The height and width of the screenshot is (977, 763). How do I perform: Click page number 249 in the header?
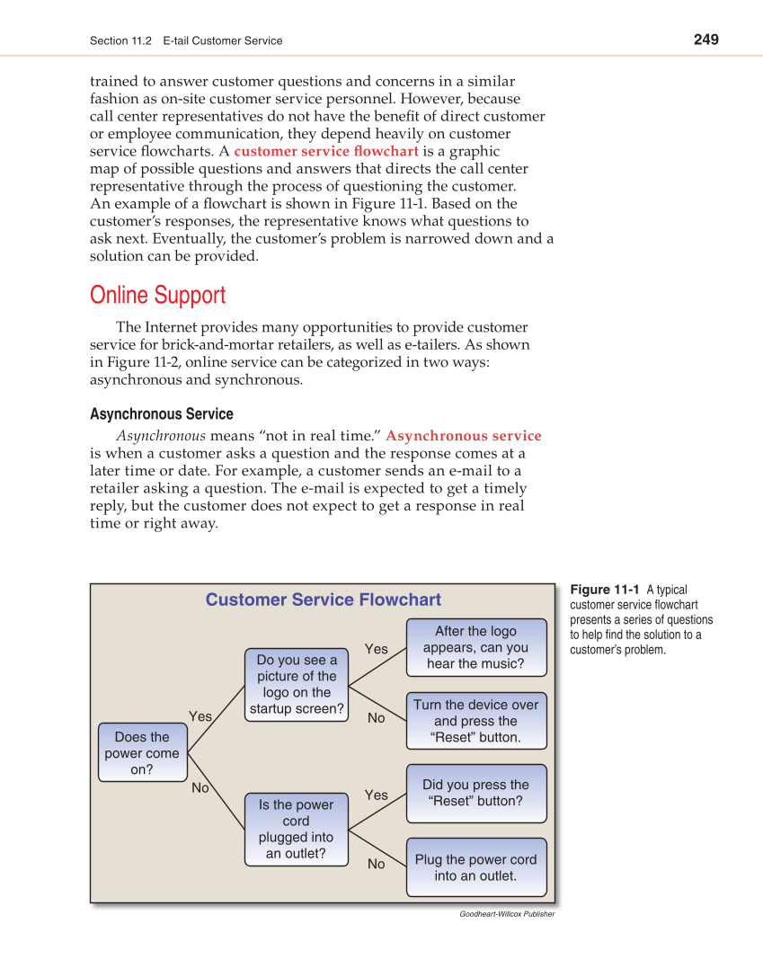(705, 40)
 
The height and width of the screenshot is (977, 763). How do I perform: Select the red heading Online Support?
(158, 296)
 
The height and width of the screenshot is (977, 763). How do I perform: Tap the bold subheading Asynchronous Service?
(162, 414)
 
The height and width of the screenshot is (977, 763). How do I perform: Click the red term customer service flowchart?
(326, 151)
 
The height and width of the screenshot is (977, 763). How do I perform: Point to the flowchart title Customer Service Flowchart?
(324, 600)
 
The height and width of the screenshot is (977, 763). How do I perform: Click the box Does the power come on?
(142, 753)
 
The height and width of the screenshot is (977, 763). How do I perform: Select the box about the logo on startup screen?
(297, 685)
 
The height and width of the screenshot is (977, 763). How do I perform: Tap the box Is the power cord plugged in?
(296, 830)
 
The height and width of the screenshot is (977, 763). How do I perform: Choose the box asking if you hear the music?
(475, 648)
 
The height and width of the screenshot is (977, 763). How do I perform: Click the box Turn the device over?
(475, 721)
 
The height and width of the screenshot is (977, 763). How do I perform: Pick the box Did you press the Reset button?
(475, 793)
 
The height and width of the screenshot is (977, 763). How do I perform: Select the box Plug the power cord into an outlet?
(475, 867)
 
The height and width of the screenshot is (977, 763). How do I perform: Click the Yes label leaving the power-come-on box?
(200, 716)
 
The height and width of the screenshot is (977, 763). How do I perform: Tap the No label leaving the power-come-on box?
(200, 788)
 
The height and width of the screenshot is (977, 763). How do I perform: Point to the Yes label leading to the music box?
(377, 649)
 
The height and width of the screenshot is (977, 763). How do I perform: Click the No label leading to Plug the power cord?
(376, 864)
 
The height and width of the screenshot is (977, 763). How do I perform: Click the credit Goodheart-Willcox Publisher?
(507, 914)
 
